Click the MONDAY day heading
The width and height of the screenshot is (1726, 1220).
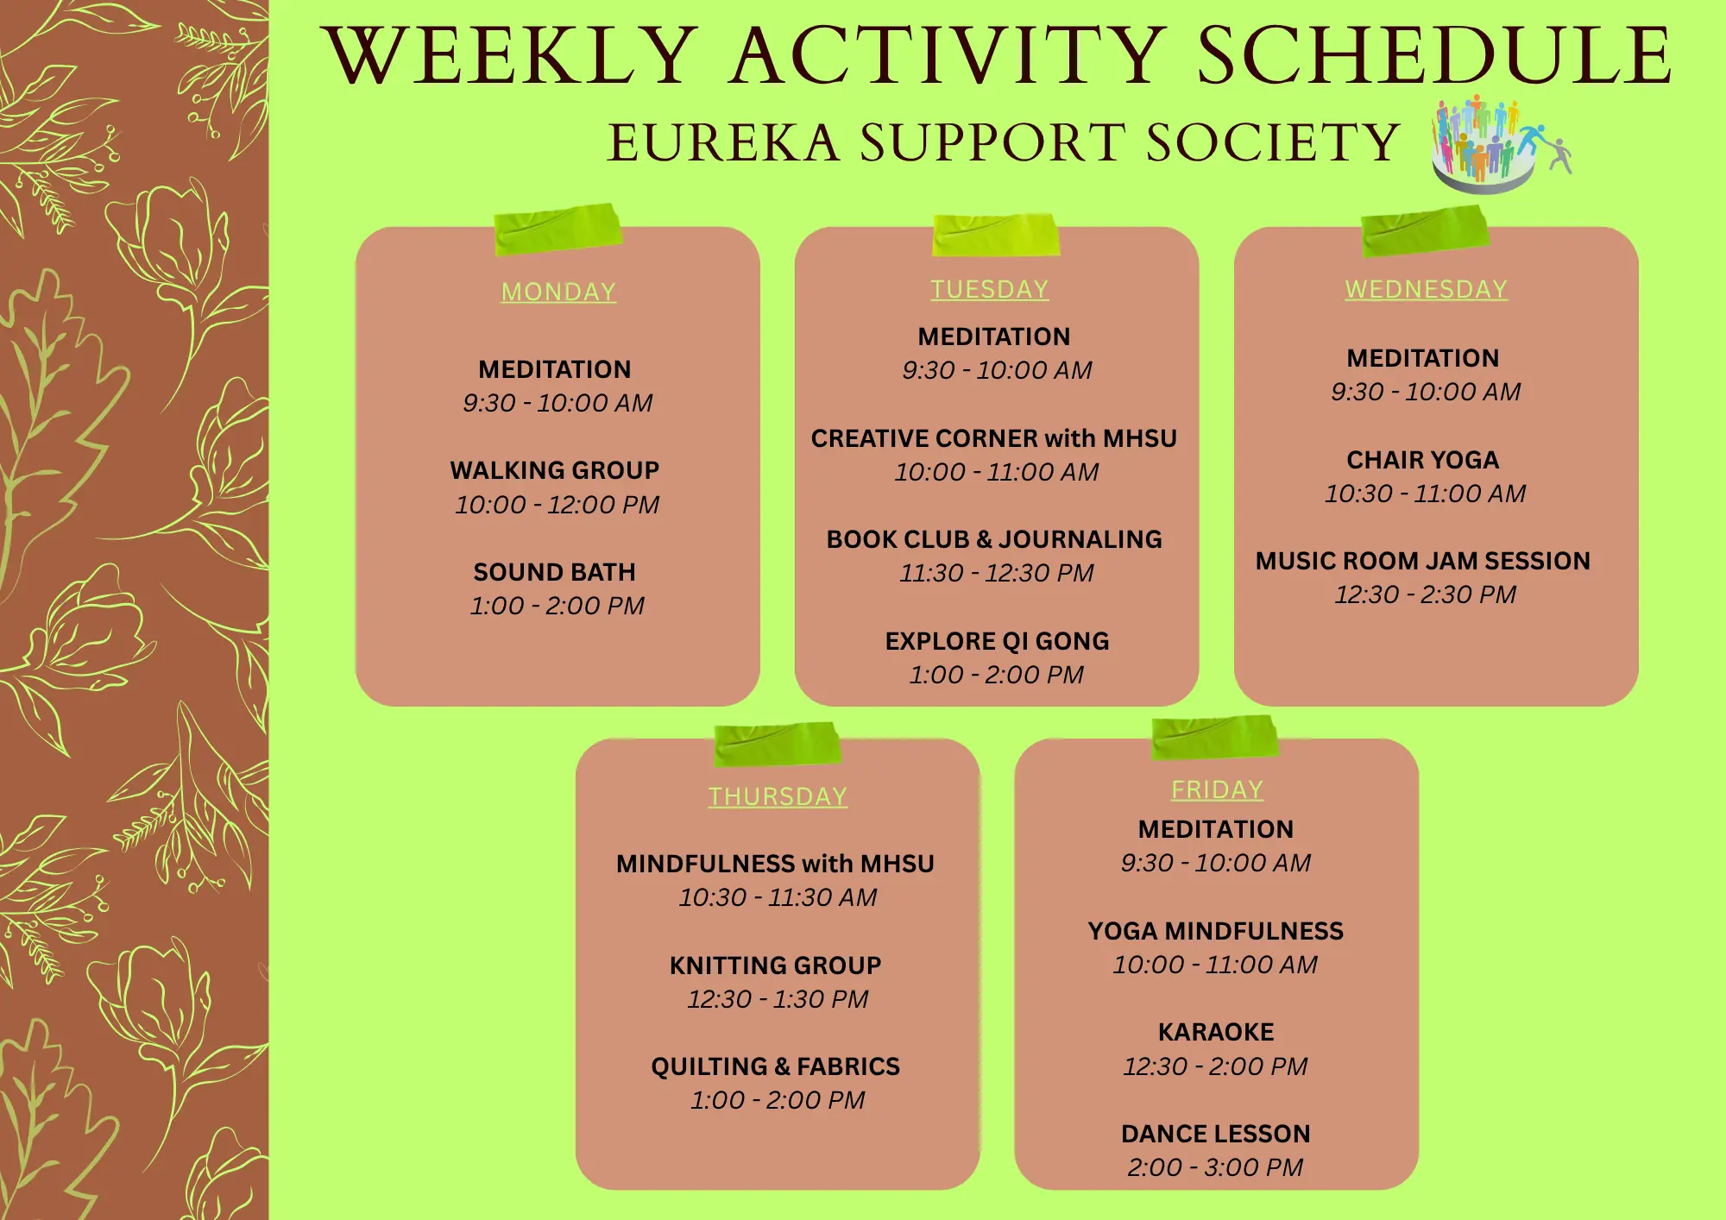558,292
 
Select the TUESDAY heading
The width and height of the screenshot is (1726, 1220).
989,289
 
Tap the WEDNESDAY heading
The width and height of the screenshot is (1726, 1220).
1426,289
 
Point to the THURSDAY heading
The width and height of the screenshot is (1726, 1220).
778,796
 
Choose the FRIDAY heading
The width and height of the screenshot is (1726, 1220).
1217,789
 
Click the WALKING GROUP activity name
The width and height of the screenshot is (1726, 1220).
555,470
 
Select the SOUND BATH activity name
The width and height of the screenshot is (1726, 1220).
555,572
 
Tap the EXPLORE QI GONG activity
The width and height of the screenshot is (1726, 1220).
997,641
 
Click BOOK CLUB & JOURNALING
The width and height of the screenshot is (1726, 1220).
994,539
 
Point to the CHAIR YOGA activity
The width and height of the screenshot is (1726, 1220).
1423,460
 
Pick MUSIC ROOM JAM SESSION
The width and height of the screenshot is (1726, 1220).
1423,561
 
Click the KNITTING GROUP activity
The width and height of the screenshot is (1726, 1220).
776,965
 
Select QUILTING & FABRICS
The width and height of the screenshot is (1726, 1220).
776,1066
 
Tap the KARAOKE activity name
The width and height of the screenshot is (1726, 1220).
1216,1032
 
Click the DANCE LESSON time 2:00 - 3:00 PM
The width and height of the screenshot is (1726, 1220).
1215,1167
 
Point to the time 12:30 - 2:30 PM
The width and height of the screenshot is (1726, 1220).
1426,594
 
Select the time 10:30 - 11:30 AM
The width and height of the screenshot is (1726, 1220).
778,897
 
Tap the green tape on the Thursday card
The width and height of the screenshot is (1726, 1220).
777,744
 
